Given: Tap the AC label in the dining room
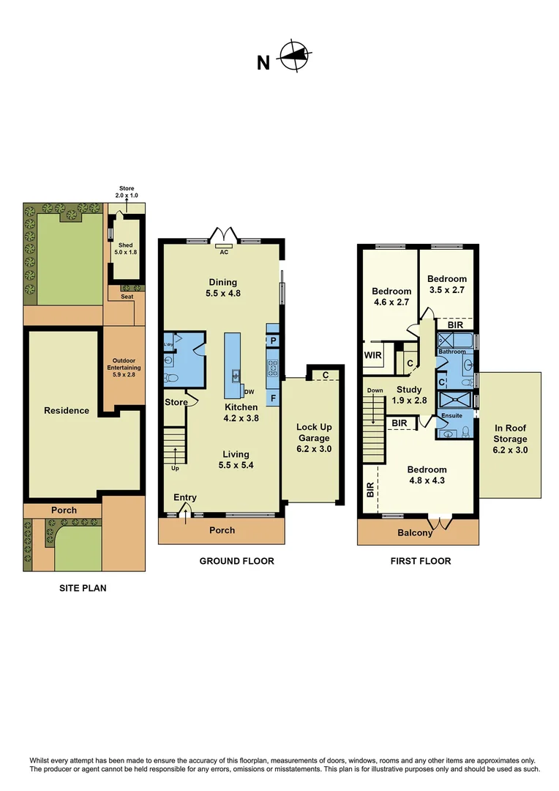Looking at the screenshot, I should point(225,251).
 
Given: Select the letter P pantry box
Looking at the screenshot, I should point(272,341).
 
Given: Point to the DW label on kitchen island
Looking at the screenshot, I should point(250,392).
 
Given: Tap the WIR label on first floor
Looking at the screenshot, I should point(372,356).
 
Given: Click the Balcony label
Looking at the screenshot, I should point(415,533).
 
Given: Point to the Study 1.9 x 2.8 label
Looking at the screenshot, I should point(409,395).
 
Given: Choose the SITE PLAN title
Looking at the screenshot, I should point(83,587).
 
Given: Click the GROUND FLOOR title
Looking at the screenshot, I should point(236,561).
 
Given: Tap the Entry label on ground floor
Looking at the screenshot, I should point(184,498).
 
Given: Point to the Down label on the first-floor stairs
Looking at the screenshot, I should point(375,390).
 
